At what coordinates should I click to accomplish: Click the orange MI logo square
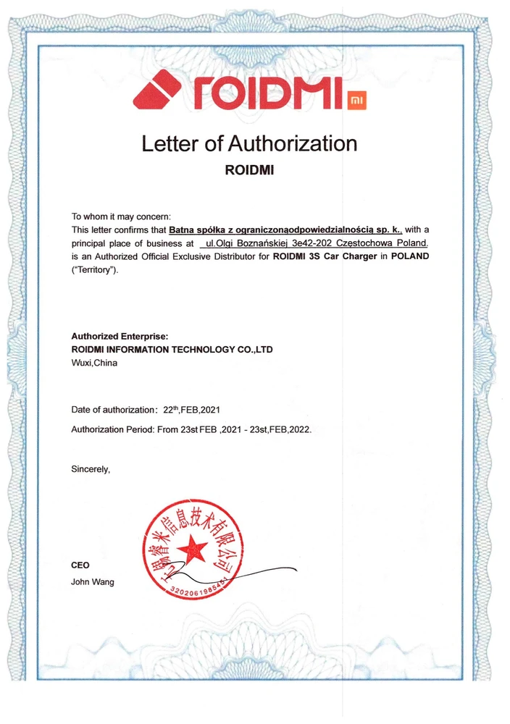[x=357, y=99]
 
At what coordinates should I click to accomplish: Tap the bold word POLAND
[x=409, y=258]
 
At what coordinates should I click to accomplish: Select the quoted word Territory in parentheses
[x=93, y=271]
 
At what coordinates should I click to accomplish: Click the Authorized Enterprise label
[x=120, y=336]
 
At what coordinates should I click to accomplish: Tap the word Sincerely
[x=91, y=469]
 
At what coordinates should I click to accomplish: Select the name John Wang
[x=92, y=581]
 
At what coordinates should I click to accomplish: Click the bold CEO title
[x=80, y=565]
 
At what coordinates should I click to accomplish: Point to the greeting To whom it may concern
[x=121, y=216]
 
